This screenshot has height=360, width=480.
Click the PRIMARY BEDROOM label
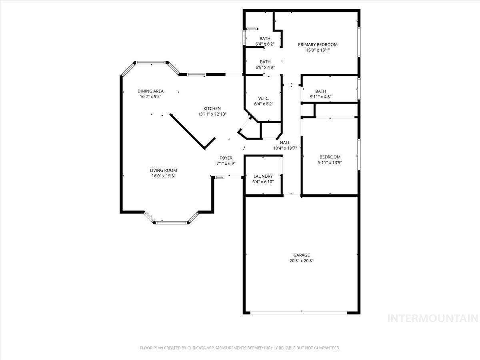(x=318, y=44)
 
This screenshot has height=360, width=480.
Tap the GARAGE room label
(x=302, y=255)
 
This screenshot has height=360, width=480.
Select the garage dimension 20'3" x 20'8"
(x=302, y=261)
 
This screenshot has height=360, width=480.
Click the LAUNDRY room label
(x=263, y=176)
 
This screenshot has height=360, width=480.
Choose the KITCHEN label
(x=212, y=109)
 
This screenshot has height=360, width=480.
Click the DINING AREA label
(x=150, y=91)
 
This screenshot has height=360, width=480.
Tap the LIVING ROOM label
(x=163, y=170)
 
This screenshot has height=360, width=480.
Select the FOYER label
(x=226, y=158)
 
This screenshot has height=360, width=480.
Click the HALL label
(x=285, y=143)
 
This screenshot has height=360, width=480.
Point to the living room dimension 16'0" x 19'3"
(x=163, y=176)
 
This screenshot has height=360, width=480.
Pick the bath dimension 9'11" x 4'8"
(x=320, y=97)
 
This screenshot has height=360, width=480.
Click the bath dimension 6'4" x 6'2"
(x=265, y=44)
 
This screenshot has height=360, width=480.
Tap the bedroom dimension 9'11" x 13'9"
(x=330, y=162)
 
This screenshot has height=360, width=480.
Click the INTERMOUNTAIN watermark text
(x=433, y=318)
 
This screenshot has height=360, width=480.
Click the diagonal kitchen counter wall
(x=188, y=131)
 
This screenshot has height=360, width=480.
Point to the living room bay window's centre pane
(x=171, y=222)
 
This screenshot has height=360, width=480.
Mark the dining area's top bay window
(x=151, y=62)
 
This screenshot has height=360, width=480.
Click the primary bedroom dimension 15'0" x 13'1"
(x=318, y=50)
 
